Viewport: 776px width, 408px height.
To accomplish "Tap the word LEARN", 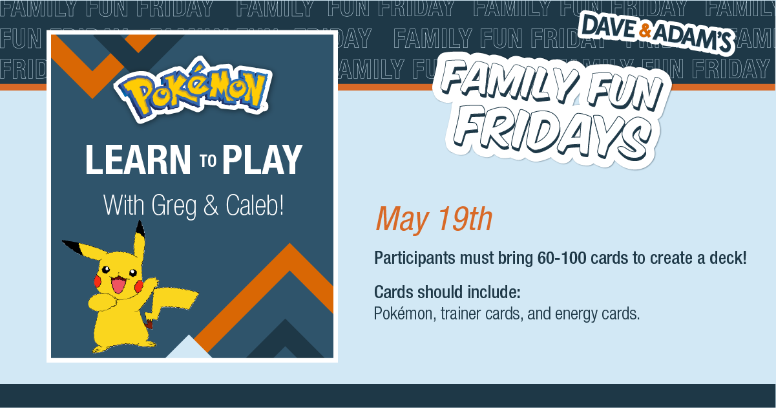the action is [138, 160].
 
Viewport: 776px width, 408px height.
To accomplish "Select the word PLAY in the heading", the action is [262, 160].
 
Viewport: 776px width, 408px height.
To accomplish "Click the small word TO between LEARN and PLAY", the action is [208, 160].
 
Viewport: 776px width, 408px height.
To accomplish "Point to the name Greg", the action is [174, 206].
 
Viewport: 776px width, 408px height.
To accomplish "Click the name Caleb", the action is [255, 205].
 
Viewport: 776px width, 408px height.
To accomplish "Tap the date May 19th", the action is [434, 219].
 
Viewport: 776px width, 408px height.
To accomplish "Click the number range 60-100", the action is [562, 258].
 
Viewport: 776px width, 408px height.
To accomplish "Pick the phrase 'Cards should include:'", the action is [447, 292].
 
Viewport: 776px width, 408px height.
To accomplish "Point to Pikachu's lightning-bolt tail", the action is [171, 305].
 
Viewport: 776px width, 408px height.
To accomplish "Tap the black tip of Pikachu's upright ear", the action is [140, 227].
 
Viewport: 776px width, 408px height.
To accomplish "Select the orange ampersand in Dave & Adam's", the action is [645, 30].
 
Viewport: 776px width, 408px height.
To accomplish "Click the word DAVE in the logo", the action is [610, 25].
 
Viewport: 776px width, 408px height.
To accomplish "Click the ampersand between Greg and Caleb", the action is [211, 205].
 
